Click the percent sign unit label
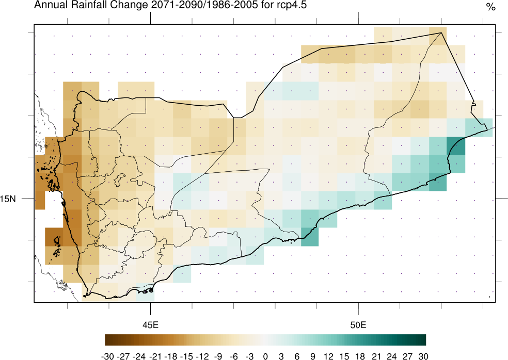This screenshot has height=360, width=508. click(490, 7)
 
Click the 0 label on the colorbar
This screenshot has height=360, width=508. click(265, 356)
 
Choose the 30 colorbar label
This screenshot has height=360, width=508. click(423, 356)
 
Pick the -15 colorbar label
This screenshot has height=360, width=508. click(186, 356)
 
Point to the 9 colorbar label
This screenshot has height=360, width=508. click(313, 356)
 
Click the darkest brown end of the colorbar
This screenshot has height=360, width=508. click(107, 339)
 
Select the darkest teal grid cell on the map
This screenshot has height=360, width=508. click(455, 145)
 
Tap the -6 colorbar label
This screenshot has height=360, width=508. click(234, 356)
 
